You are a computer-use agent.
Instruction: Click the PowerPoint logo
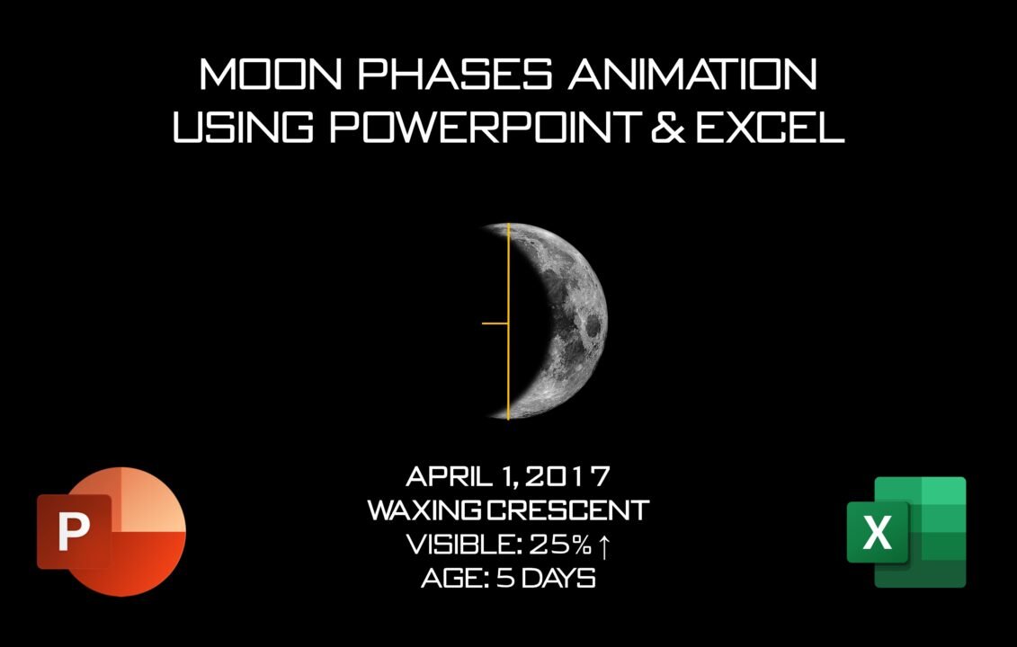[112, 531]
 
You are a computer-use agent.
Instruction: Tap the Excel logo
[906, 532]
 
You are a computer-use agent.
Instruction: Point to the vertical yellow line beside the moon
[508, 270]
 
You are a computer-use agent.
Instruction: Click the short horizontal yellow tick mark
[495, 323]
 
